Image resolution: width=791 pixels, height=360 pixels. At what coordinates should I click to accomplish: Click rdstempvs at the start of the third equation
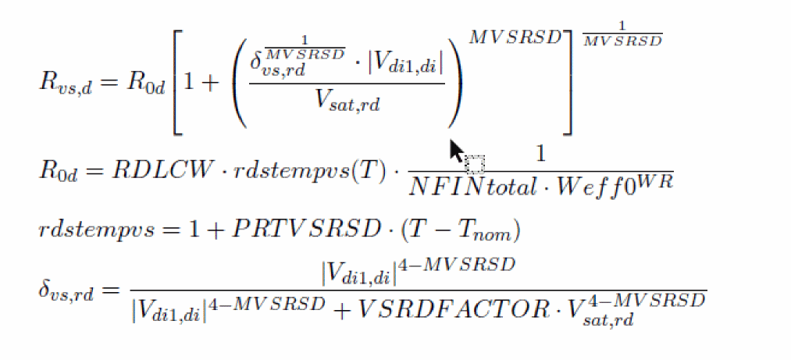85,231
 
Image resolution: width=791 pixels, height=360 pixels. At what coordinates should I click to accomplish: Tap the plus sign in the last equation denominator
340,308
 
